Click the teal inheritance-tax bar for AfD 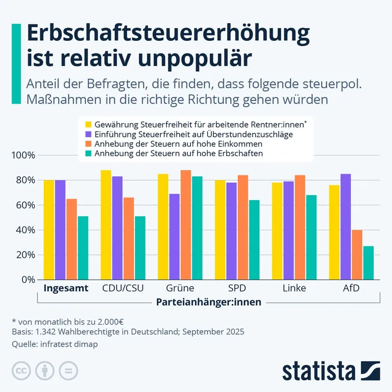368,263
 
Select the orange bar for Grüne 186,225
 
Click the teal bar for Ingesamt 83,248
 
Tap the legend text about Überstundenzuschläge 193,134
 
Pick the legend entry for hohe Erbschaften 179,153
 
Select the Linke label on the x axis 295,288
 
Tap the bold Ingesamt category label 66,288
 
